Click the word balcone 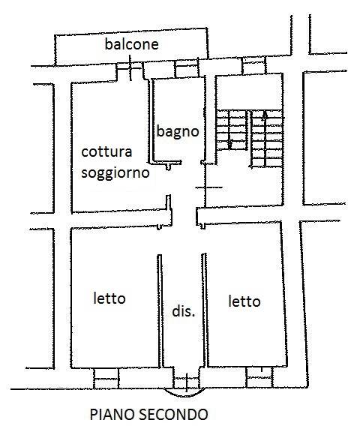(131, 44)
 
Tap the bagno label (178, 131)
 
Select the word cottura (106, 151)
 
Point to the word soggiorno (115, 173)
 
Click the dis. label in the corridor (184, 311)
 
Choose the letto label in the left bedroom (109, 298)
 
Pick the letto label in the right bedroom (244, 301)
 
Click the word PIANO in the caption (112, 415)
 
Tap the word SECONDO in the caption (173, 415)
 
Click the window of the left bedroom (106, 378)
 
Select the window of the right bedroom (259, 377)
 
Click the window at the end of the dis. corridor (187, 379)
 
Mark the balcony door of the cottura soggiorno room (130, 68)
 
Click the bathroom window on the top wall (187, 69)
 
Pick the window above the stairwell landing (254, 66)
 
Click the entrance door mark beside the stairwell (208, 187)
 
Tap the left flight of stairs (232, 130)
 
